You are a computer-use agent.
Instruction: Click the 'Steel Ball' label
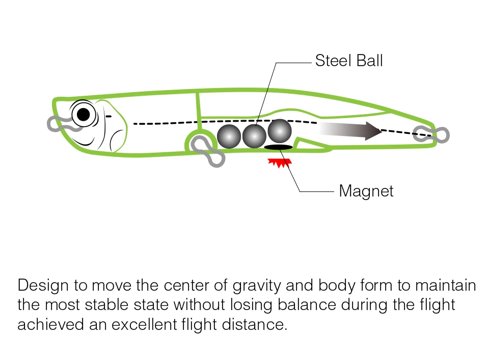click(348, 61)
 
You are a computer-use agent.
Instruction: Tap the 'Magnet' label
click(366, 191)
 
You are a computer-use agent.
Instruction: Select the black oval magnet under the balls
click(278, 148)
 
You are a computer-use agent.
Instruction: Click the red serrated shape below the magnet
click(279, 162)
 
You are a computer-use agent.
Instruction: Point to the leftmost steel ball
click(229, 136)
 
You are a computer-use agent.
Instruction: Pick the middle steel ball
click(254, 136)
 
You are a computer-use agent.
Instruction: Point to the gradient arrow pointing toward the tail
click(351, 131)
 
